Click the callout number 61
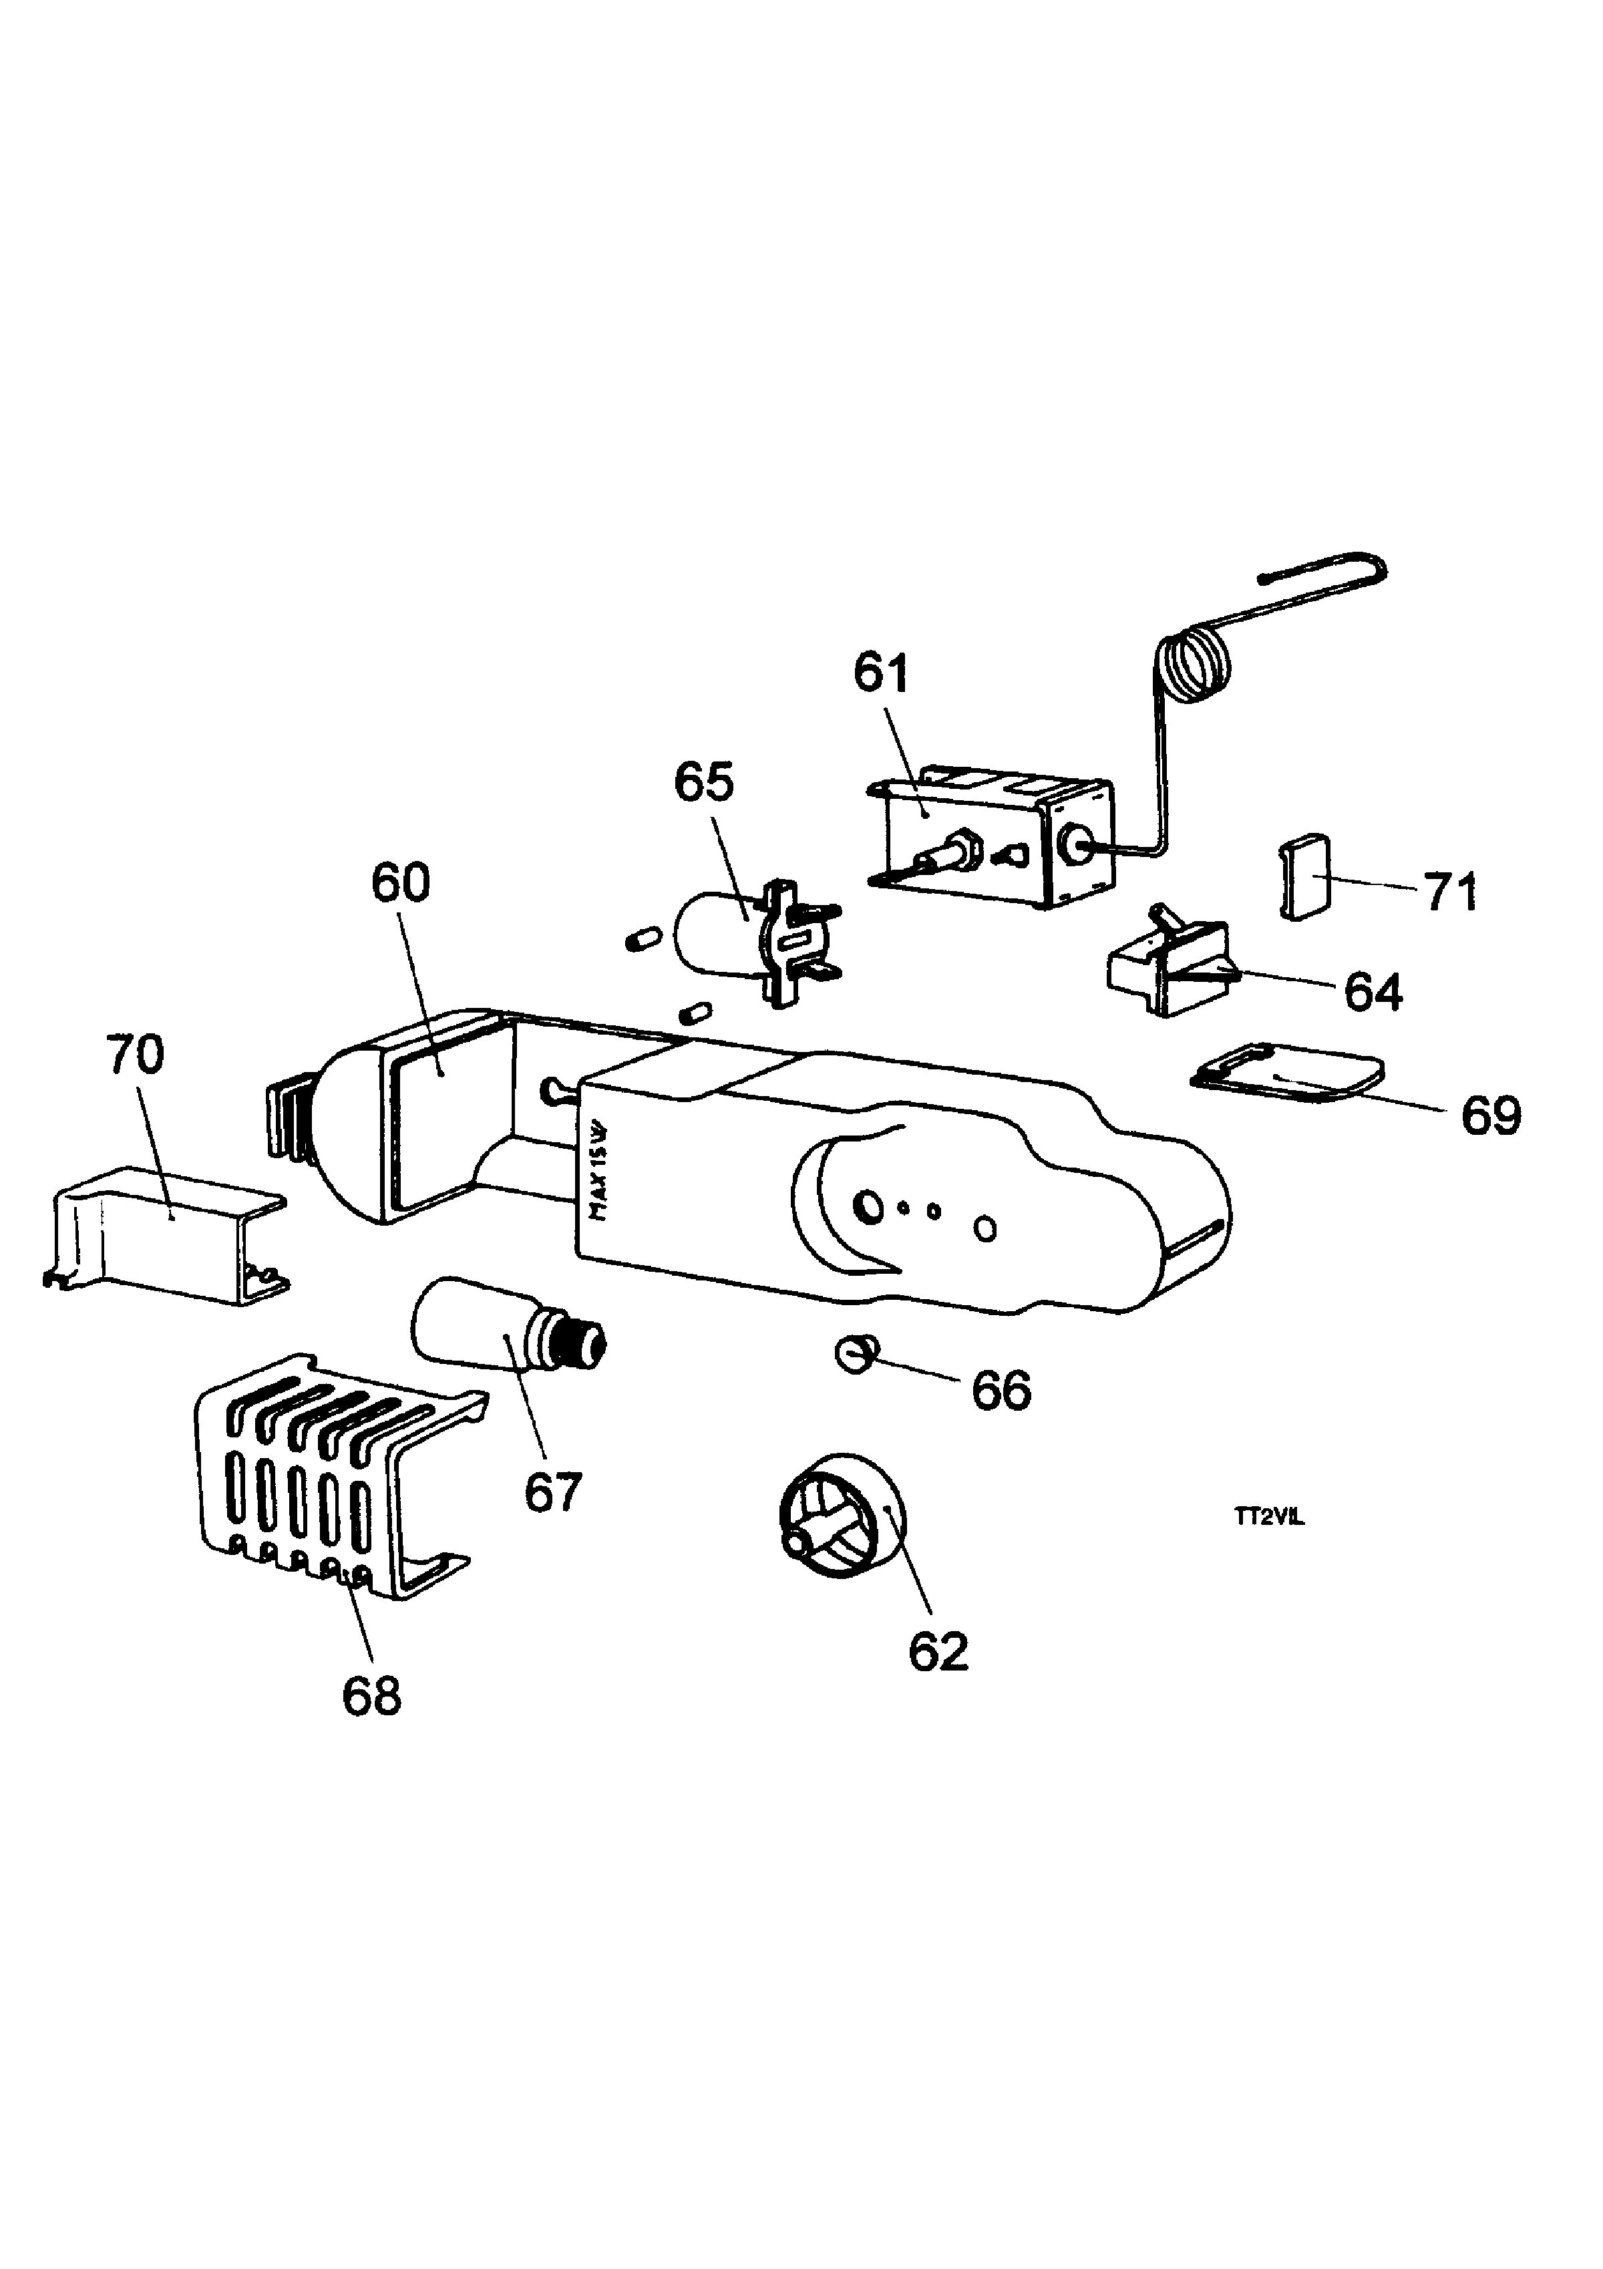(882, 675)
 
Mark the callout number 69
(1492, 1115)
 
